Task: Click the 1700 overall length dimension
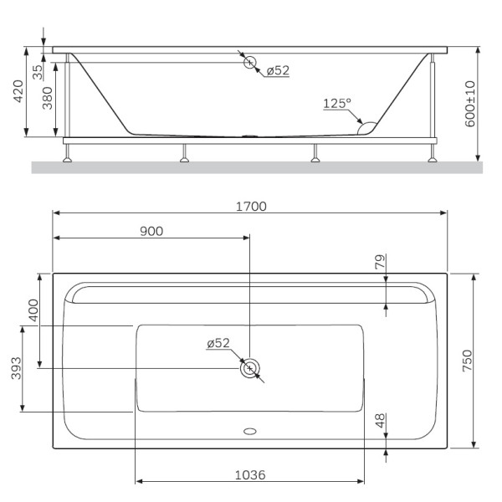(251, 206)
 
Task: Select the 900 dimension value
(151, 232)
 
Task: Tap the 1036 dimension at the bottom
(250, 474)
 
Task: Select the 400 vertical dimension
(33, 310)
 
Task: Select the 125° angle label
(337, 104)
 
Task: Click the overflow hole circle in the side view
(249, 62)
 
